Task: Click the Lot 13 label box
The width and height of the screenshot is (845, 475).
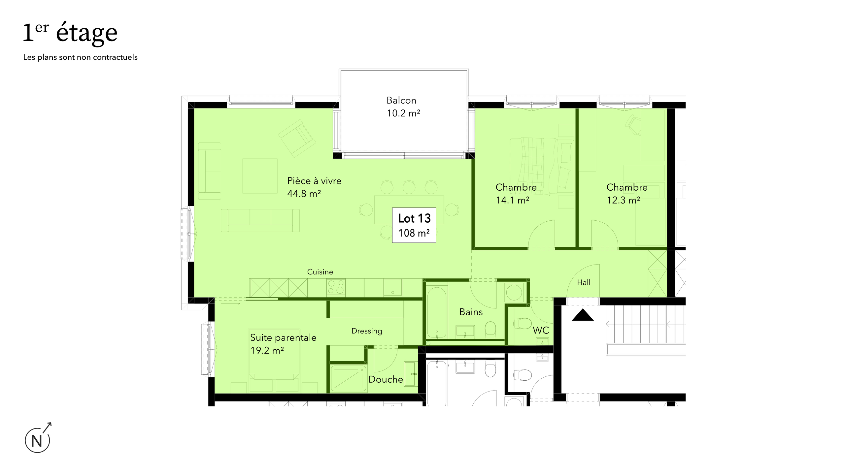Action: point(414,225)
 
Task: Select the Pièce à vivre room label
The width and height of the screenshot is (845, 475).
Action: point(314,181)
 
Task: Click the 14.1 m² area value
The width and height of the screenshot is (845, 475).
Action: point(512,200)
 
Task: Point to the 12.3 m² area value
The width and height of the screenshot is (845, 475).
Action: point(623,200)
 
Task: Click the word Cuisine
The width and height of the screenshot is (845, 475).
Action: point(320,272)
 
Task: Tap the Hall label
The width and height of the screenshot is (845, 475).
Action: point(584,282)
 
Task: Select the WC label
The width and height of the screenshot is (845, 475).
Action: point(541,330)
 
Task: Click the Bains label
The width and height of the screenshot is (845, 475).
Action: point(471,312)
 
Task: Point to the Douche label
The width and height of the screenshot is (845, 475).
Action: point(386,379)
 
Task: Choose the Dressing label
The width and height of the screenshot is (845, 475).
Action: point(366,331)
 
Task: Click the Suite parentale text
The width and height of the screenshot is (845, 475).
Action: point(283,337)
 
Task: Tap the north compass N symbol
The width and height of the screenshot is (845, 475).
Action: point(37,440)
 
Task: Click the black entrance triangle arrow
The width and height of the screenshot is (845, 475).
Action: point(583,316)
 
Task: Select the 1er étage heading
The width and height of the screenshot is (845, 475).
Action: point(70,33)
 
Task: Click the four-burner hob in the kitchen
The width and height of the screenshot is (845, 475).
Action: point(336,287)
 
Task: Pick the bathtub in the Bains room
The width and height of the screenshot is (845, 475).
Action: point(437,312)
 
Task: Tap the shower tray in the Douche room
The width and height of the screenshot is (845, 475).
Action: point(348,378)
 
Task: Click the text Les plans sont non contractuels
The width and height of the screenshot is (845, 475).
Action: point(80,57)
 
